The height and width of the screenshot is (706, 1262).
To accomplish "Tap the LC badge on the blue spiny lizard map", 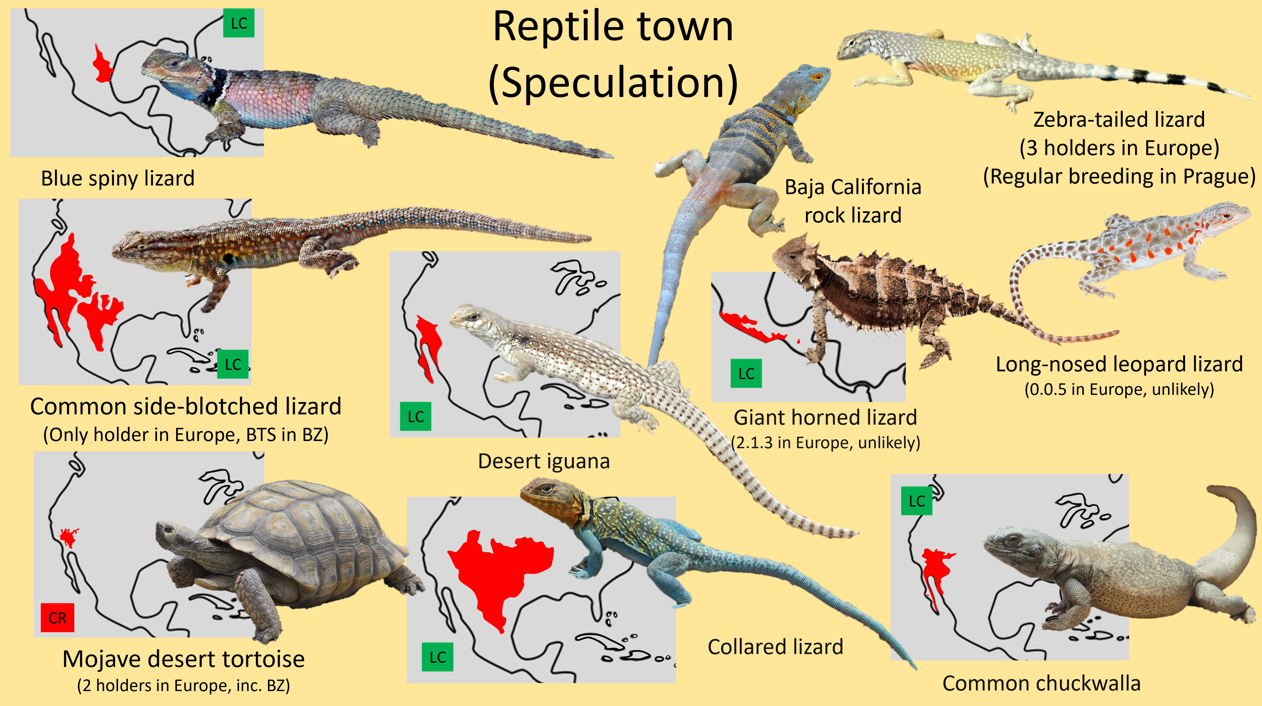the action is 239,23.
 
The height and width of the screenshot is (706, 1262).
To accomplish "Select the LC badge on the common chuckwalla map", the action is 916,501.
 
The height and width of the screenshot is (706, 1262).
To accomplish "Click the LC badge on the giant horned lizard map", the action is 746,374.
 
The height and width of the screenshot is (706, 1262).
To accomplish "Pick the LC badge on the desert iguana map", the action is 415,417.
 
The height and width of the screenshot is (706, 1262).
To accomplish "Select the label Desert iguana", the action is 544,461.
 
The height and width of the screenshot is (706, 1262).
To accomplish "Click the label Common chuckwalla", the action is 1041,683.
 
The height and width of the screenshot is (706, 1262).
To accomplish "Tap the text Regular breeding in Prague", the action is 1119,177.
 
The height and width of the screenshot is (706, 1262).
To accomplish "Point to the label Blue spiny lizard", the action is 118,178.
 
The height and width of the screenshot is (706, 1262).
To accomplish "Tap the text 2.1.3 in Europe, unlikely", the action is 825,442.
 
